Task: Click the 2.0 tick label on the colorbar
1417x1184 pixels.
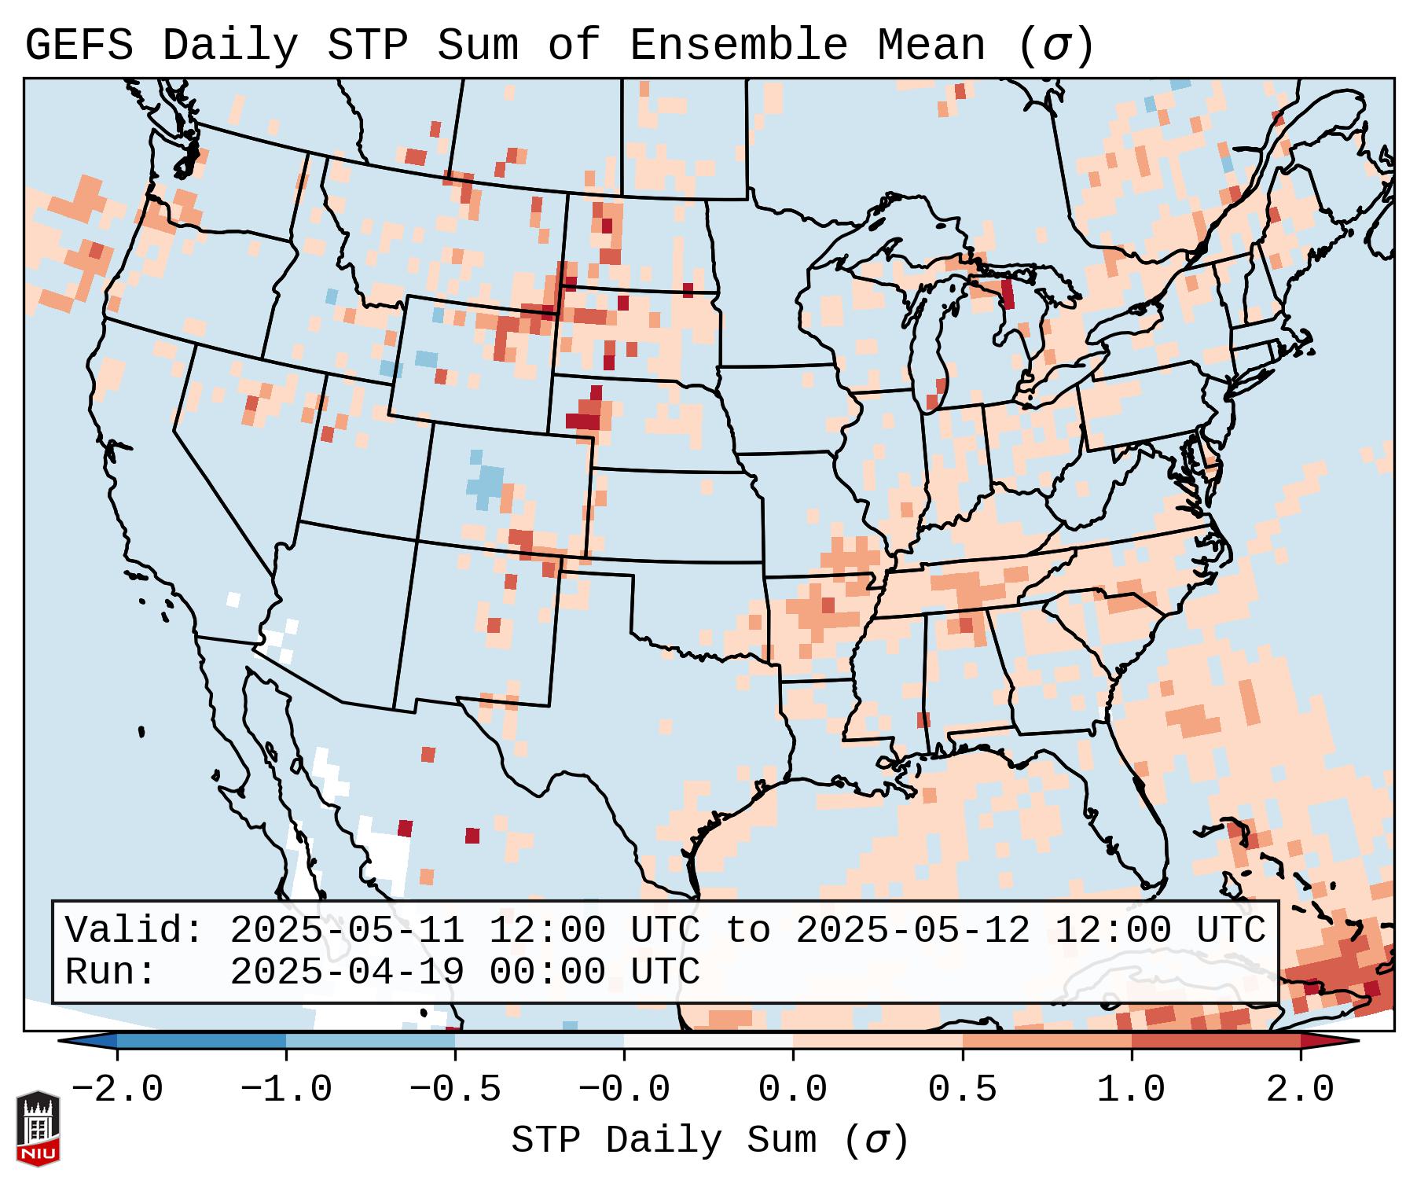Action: [x=1300, y=1090]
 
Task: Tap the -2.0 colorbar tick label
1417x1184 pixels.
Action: [x=117, y=1090]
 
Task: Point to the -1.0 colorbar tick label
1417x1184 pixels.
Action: [x=286, y=1090]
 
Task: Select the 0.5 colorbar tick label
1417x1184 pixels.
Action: [x=962, y=1090]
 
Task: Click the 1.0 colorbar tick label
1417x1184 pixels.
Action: [x=1131, y=1090]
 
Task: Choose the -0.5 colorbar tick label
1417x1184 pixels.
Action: [x=455, y=1090]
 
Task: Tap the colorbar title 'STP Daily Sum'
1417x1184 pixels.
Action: [x=664, y=1141]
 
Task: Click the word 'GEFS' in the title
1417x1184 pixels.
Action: [x=79, y=46]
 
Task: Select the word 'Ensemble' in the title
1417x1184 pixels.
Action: [x=738, y=46]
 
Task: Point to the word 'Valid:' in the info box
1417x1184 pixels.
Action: [x=134, y=930]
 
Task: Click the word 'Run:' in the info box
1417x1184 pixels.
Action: [x=110, y=972]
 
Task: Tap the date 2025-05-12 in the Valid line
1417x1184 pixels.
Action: [x=912, y=930]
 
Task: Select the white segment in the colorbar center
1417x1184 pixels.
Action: [x=708, y=1041]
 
